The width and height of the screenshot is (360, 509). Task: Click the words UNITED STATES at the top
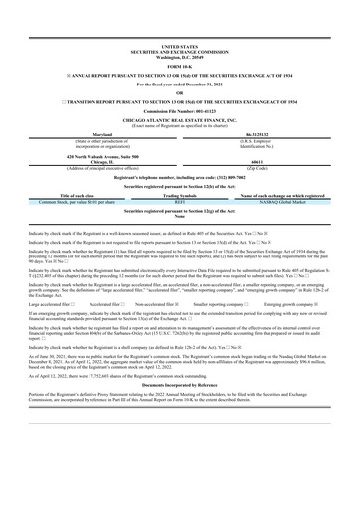(179, 46)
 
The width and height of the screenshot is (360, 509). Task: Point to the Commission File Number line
(179, 113)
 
